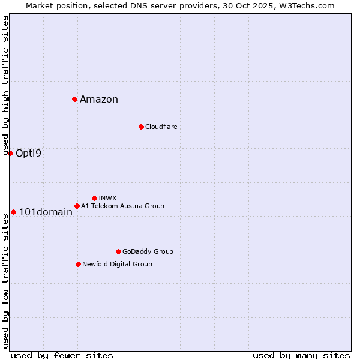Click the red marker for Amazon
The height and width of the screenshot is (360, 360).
coord(74,99)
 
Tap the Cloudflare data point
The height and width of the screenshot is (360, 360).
coord(141,127)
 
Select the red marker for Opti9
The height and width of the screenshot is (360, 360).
coord(10,153)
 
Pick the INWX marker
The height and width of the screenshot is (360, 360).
coord(94,198)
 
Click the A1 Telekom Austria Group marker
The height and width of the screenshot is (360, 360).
coord(77,206)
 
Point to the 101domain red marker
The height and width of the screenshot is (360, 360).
coord(13,212)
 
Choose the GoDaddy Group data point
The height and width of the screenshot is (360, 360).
coord(118,251)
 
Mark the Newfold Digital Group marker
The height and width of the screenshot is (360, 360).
coord(78,264)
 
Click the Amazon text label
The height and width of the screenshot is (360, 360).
coord(99,100)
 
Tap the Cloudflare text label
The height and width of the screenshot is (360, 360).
coord(161,127)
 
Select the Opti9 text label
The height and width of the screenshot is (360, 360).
coord(28,154)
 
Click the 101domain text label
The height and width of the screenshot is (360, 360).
coord(46,212)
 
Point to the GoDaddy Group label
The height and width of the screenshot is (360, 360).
coord(148,251)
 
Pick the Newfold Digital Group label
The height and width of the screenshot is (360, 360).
coord(117,264)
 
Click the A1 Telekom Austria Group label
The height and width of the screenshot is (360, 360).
coord(122,206)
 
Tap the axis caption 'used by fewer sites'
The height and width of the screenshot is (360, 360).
coord(62,355)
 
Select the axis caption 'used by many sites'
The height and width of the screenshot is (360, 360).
coord(301,355)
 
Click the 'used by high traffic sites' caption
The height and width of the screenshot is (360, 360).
coord(5,85)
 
